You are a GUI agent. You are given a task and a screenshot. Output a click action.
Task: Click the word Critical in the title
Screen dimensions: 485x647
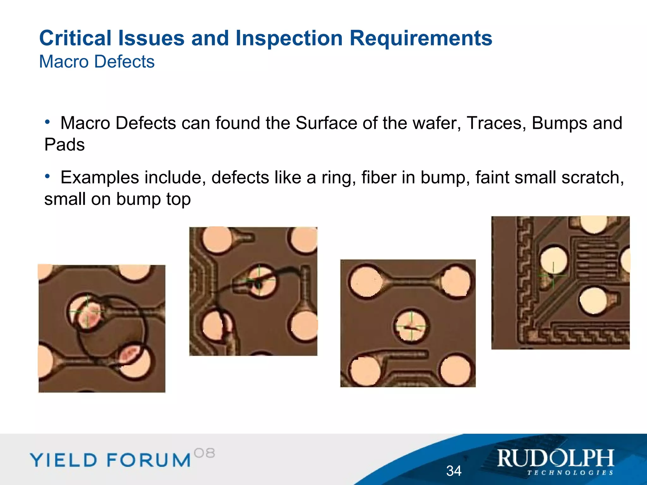tap(75, 38)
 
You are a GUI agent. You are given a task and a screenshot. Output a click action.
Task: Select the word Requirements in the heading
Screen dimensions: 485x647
tap(421, 38)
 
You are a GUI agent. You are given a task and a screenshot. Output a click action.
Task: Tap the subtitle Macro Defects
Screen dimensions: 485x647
tap(97, 61)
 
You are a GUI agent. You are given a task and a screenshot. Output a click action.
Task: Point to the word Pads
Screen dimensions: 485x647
tap(64, 145)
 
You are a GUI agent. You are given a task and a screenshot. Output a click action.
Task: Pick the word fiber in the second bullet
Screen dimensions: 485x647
tap(379, 177)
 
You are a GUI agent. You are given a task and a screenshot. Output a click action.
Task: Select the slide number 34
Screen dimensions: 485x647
tap(454, 471)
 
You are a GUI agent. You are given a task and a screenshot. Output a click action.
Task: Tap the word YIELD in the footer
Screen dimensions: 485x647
tap(63, 460)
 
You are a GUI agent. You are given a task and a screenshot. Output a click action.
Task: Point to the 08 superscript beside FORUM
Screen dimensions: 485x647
tap(204, 453)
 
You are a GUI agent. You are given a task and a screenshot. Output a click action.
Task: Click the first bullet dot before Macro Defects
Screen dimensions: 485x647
tap(47, 122)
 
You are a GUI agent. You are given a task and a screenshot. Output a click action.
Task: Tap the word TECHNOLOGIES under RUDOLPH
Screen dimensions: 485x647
tap(570, 473)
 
